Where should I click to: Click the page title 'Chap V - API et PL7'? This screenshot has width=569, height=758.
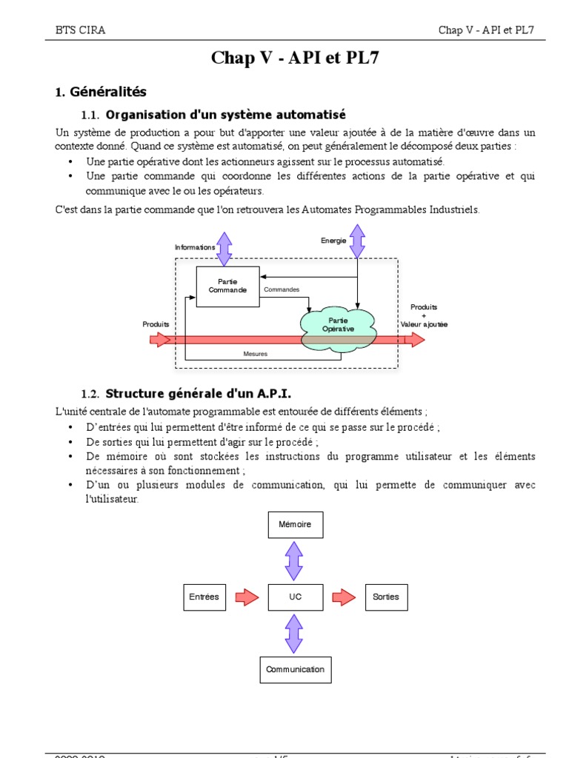pos(295,58)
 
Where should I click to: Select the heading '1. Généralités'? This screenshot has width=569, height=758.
pos(101,92)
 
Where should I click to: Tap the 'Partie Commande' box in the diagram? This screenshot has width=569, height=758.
pos(227,286)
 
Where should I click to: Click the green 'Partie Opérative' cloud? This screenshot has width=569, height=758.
pos(338,324)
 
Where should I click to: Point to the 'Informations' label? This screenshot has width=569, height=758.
pos(195,247)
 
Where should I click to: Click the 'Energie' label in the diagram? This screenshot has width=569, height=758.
pos(333,241)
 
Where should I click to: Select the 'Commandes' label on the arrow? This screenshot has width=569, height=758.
pos(282,289)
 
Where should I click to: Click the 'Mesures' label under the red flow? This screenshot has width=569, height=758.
pos(255,354)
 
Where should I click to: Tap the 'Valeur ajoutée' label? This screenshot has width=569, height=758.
pos(424,324)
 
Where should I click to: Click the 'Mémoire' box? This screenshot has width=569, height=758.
pos(295,525)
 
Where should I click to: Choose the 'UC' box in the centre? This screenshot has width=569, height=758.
pos(295,597)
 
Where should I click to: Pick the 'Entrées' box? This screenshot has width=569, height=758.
pos(204,597)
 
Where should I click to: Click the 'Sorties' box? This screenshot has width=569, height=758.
pos(386,597)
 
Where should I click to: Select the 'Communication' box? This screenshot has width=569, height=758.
pos(295,669)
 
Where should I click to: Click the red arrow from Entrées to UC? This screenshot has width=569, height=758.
pos(247,597)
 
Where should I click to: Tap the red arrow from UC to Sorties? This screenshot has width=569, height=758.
pos(343,597)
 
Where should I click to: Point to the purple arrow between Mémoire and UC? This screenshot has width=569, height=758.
pos(294,560)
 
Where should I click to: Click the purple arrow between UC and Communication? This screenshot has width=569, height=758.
pos(294,633)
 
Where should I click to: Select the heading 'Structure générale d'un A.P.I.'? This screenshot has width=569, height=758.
pos(204,393)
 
